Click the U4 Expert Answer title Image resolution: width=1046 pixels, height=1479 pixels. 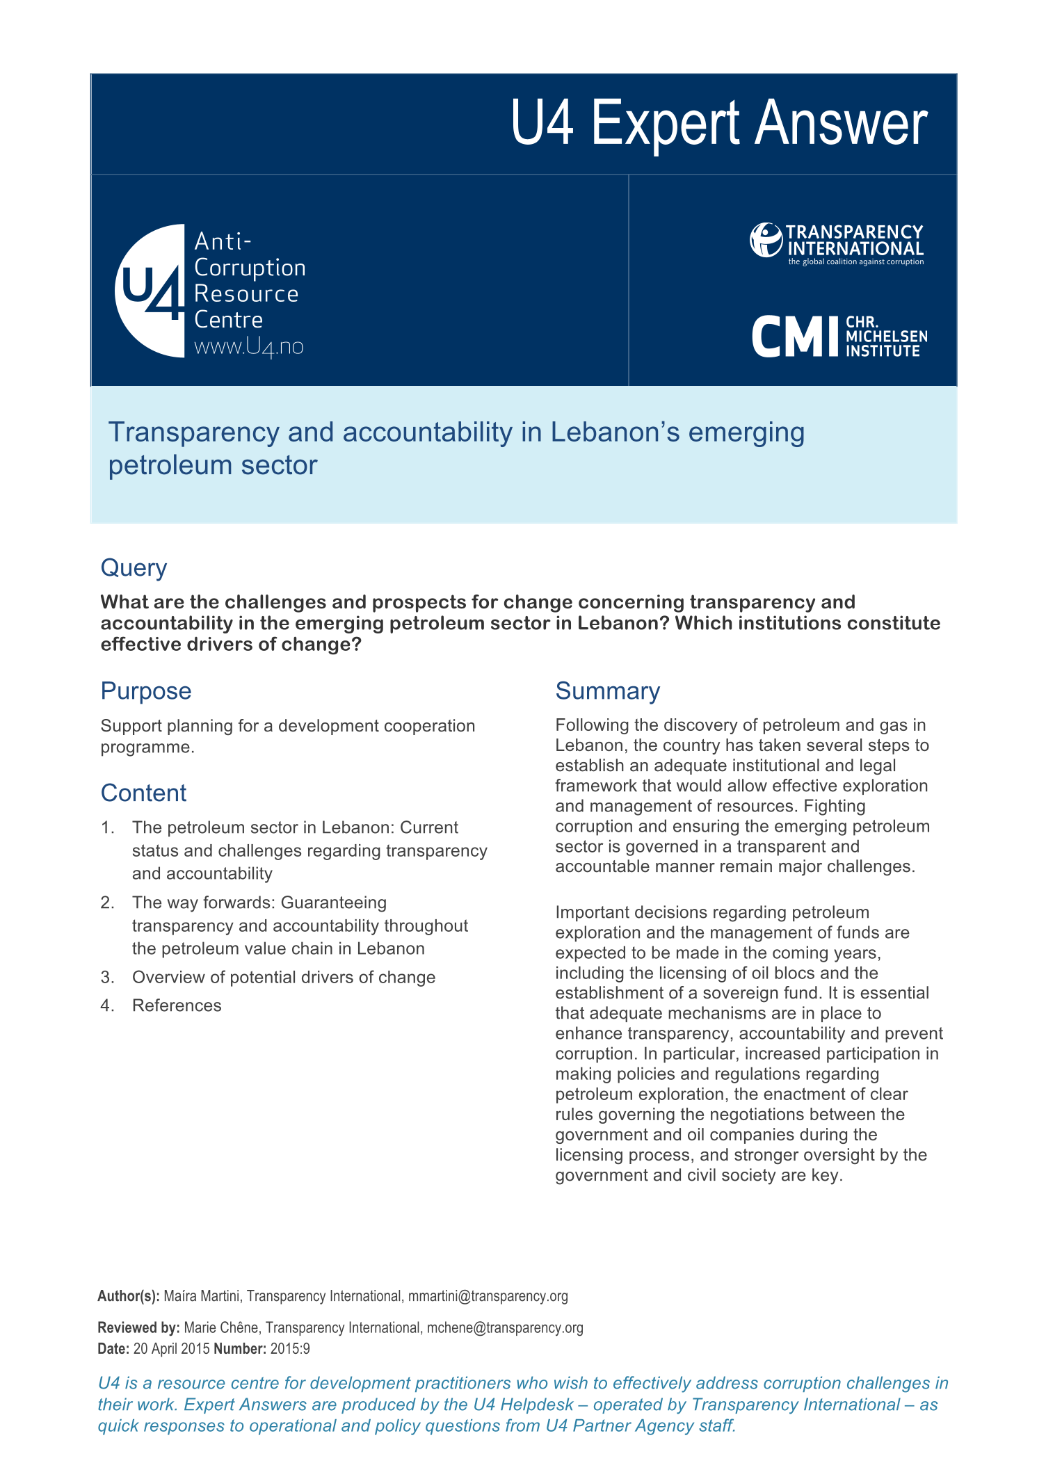718,123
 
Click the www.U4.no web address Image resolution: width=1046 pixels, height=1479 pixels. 248,346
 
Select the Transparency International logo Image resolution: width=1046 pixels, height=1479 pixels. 837,243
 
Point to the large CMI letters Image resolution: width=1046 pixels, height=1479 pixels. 796,337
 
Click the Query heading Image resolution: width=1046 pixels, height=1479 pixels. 134,568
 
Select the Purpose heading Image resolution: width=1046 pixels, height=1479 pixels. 145,691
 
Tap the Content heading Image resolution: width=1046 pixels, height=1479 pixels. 143,793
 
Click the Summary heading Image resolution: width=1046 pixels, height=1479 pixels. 607,691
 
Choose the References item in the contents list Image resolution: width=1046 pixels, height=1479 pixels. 177,1005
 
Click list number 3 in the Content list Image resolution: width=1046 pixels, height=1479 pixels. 107,978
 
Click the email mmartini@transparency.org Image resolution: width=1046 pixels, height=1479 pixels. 488,1296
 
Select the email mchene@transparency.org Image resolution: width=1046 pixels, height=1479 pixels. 505,1327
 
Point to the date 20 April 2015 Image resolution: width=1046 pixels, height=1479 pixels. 171,1349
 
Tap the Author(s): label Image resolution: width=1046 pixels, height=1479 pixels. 129,1296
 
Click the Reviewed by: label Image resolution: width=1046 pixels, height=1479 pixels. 138,1327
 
